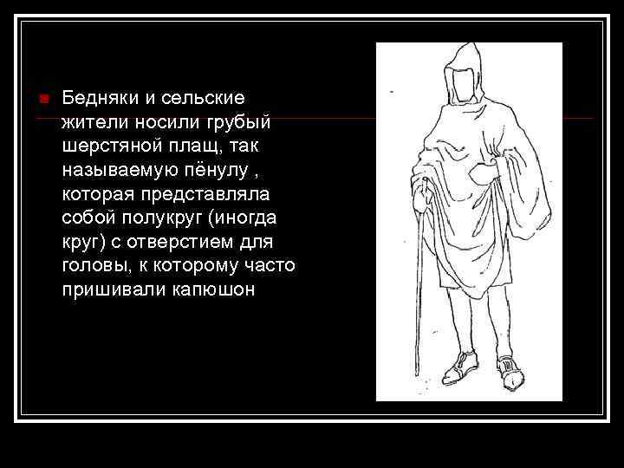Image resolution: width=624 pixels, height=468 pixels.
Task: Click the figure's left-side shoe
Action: point(458,367)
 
